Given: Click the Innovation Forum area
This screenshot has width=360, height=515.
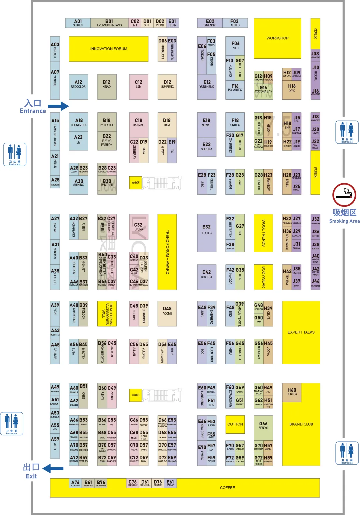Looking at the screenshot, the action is [x=109, y=49].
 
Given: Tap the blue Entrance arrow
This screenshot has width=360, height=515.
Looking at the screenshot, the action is [x=58, y=106].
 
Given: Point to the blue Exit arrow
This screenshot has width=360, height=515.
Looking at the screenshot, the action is [x=53, y=468].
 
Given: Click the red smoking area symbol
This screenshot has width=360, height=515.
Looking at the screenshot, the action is [x=344, y=195].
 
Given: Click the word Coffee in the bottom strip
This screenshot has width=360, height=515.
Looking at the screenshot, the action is [x=227, y=488].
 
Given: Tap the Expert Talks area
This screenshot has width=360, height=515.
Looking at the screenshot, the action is [x=301, y=332].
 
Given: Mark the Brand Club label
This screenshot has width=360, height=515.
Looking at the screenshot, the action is [x=301, y=424].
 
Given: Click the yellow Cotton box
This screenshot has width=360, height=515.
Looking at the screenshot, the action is [x=235, y=424].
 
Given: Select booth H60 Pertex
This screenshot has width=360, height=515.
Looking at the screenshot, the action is [x=292, y=392].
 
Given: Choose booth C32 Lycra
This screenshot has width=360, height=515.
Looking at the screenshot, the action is [x=139, y=227].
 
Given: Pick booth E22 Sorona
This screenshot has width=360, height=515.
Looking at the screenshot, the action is [x=207, y=147].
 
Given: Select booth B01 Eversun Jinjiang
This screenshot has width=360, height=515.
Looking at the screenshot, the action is [x=109, y=23].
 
